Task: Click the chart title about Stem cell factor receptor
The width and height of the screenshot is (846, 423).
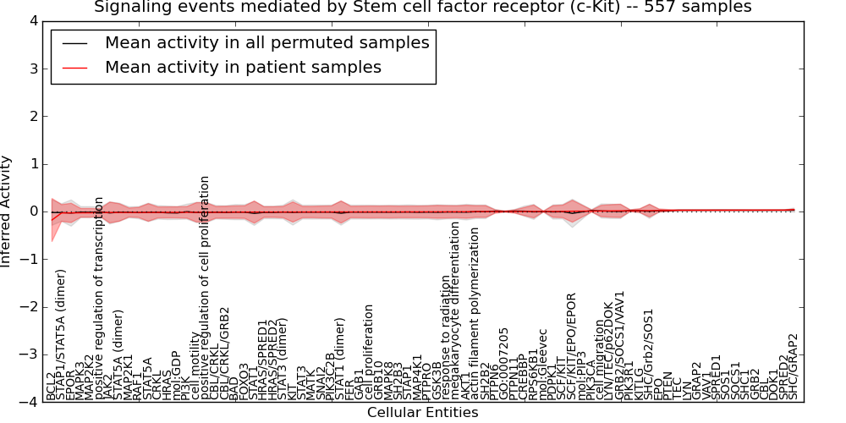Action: point(422,8)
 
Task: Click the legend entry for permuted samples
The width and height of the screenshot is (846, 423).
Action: point(266,43)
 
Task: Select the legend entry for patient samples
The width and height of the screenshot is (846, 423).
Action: point(243,68)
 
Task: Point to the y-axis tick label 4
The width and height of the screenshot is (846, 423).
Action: point(33,20)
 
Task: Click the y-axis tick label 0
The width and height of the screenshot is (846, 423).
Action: point(33,211)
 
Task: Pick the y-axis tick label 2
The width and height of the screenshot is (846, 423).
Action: point(33,116)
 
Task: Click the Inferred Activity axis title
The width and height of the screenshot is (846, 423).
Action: point(8,211)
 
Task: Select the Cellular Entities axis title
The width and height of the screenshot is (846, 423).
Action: point(422,413)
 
